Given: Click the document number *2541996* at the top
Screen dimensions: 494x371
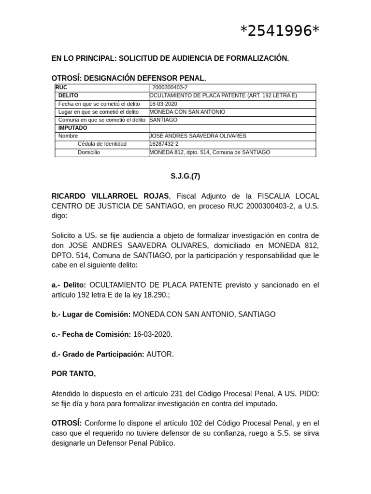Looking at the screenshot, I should coord(280,31).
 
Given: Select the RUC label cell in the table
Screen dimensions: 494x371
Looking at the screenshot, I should coord(61,88).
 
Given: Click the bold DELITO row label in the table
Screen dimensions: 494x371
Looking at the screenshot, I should coord(68,96).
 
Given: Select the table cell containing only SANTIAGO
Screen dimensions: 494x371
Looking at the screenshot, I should coord(163,120).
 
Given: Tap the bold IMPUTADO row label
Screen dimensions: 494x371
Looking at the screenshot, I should coord(72,128).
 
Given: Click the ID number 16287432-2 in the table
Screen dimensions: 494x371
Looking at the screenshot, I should coord(164,144).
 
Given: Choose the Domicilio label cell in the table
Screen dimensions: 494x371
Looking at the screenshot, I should coord(88,152).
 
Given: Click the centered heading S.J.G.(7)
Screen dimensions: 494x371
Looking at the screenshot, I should coord(185,176).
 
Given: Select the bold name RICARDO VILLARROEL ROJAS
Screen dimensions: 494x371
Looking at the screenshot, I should coord(110,196).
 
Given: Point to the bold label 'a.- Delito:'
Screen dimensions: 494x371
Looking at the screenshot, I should coord(69,285).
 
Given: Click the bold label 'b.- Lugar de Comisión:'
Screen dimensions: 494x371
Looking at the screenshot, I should coord(91,314).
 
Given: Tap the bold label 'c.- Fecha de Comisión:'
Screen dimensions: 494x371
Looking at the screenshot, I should coord(91,334).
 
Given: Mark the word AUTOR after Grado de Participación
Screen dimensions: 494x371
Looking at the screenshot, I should coord(159,354).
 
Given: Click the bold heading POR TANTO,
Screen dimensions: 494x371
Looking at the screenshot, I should coord(73,374).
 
